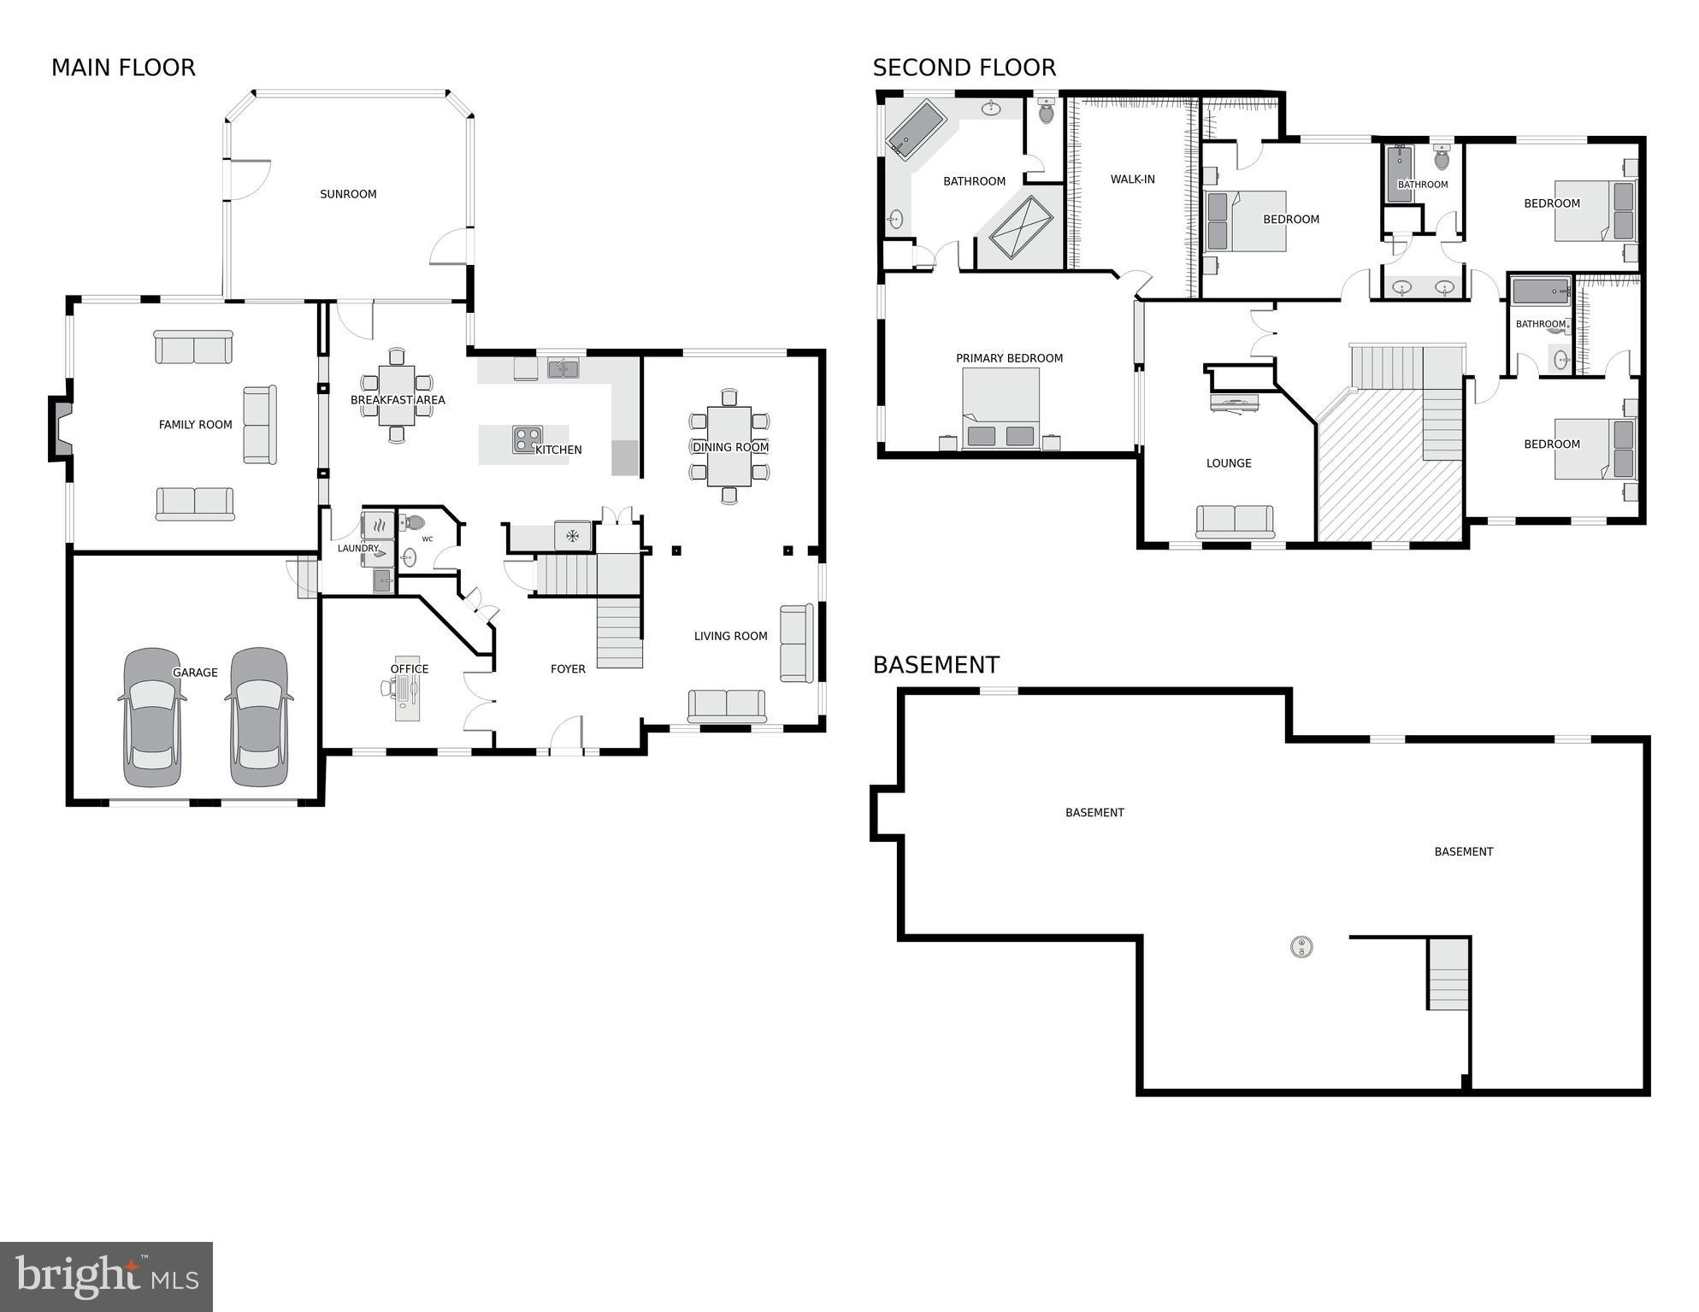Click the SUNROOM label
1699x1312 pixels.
coord(348,194)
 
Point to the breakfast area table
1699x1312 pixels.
coord(396,395)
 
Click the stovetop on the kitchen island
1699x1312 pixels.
coord(527,439)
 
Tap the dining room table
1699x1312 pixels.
coord(729,446)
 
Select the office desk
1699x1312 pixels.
coord(407,697)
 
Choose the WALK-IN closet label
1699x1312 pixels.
coord(1132,179)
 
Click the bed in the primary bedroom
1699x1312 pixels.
coord(1000,409)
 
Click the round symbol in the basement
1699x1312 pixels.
coord(1301,946)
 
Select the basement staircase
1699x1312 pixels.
coord(1448,974)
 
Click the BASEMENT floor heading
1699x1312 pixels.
coord(935,665)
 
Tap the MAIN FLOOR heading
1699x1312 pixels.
coord(123,68)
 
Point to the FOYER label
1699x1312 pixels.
coord(568,669)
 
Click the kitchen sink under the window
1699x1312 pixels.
coord(563,369)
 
